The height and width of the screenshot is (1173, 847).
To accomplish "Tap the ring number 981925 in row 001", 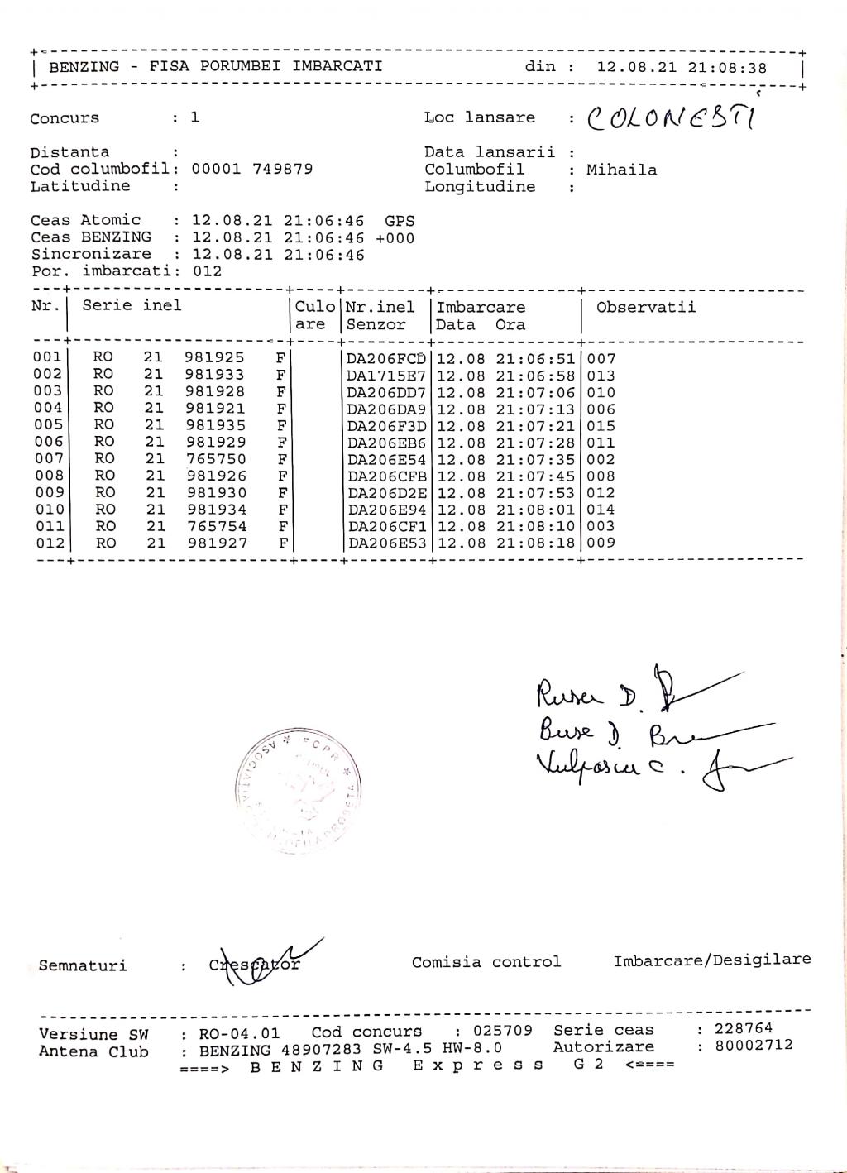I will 214,358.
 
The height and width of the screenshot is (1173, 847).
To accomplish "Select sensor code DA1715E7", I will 386,376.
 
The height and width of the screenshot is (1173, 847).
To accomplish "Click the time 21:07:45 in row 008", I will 535,476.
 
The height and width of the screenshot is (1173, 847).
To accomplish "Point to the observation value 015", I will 601,426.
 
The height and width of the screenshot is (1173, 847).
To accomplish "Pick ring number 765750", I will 215,459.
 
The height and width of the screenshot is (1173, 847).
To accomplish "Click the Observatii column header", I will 646,308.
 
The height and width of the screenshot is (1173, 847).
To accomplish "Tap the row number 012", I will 48,543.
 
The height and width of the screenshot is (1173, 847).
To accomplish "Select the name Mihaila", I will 622,170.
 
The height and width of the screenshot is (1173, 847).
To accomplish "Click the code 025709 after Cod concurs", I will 503,1032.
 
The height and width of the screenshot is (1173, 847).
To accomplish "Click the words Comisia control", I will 486,962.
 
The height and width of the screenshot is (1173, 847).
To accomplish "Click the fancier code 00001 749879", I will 252,170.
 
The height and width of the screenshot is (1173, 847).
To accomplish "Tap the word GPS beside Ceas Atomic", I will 400,221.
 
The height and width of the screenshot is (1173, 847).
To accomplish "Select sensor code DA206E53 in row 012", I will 386,543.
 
